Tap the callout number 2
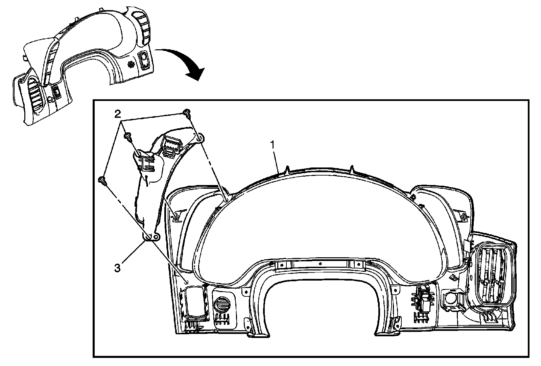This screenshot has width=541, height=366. coord(117,114)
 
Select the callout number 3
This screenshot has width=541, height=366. coord(117,268)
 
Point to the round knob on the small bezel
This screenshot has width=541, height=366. coord(50,100)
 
